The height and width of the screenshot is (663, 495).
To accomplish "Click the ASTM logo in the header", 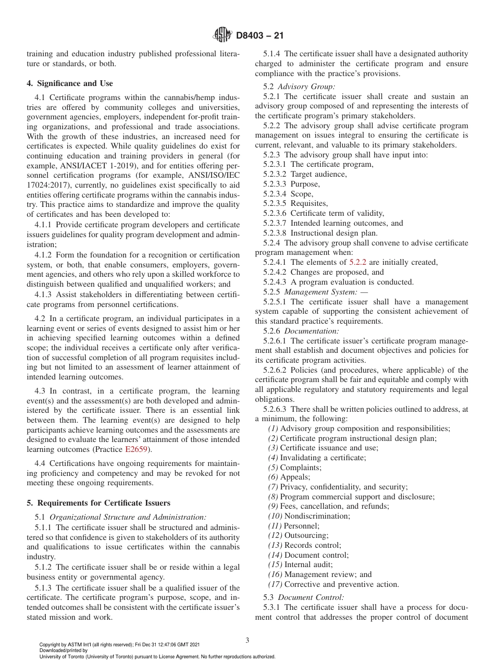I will (x=222, y=36).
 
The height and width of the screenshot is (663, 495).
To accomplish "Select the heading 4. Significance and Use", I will (x=70, y=83).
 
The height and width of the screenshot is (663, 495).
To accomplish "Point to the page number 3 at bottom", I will (x=247, y=641).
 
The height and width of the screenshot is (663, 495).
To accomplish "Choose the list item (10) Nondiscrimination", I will (x=310, y=516).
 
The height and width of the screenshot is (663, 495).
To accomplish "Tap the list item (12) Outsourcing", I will (x=299, y=535).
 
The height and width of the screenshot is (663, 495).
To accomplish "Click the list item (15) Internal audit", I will (x=301, y=564).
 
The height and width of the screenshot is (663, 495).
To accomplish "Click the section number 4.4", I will (x=41, y=463).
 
